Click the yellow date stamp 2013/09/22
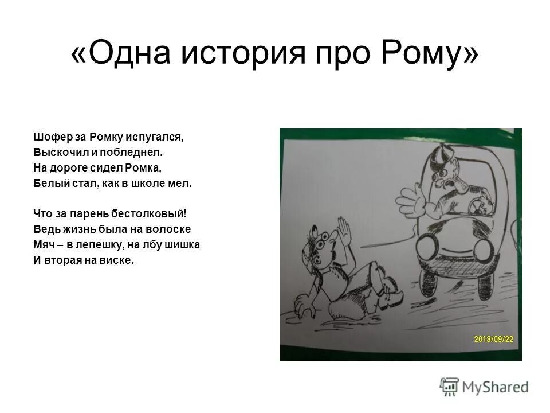[x=493, y=338]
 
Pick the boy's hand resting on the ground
[x=303, y=306]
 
